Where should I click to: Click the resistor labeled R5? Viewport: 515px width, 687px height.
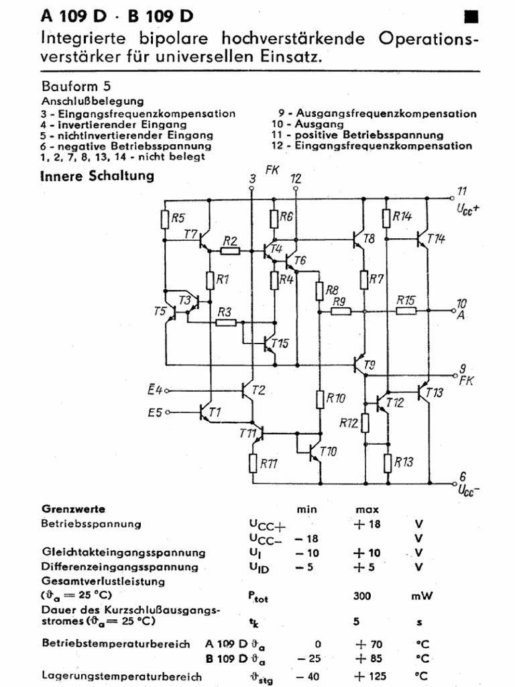[165, 219]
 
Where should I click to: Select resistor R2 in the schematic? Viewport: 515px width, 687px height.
[230, 251]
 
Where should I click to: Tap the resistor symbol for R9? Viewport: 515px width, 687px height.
[341, 311]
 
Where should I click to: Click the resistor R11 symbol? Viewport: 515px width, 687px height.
[253, 463]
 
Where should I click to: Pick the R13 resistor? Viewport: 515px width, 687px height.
[387, 462]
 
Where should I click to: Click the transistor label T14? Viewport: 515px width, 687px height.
[435, 238]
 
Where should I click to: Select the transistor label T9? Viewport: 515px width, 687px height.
[369, 365]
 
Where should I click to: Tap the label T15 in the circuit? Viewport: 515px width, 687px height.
[280, 344]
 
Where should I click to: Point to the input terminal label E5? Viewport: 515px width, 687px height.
[155, 413]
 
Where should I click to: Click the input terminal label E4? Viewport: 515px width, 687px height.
[155, 389]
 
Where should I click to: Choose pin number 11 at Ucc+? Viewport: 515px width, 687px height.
[461, 191]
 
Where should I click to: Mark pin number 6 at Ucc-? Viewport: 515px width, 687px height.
[462, 476]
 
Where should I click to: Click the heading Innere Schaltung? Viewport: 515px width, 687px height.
[97, 176]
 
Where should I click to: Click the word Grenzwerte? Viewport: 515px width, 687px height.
[73, 509]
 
